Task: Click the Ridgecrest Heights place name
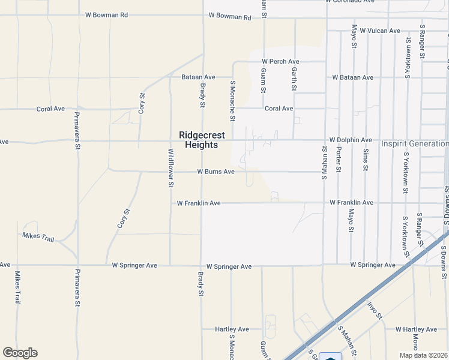click(x=197, y=140)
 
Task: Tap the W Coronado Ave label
click(x=350, y=2)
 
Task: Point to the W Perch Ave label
click(x=280, y=62)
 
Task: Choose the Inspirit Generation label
click(x=414, y=144)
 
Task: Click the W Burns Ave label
click(x=216, y=172)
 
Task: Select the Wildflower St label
click(x=170, y=168)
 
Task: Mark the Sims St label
click(x=366, y=160)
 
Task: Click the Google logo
click(x=20, y=353)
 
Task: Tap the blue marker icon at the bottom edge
click(x=330, y=356)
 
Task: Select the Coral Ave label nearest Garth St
click(x=279, y=109)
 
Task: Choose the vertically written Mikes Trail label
click(x=17, y=289)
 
